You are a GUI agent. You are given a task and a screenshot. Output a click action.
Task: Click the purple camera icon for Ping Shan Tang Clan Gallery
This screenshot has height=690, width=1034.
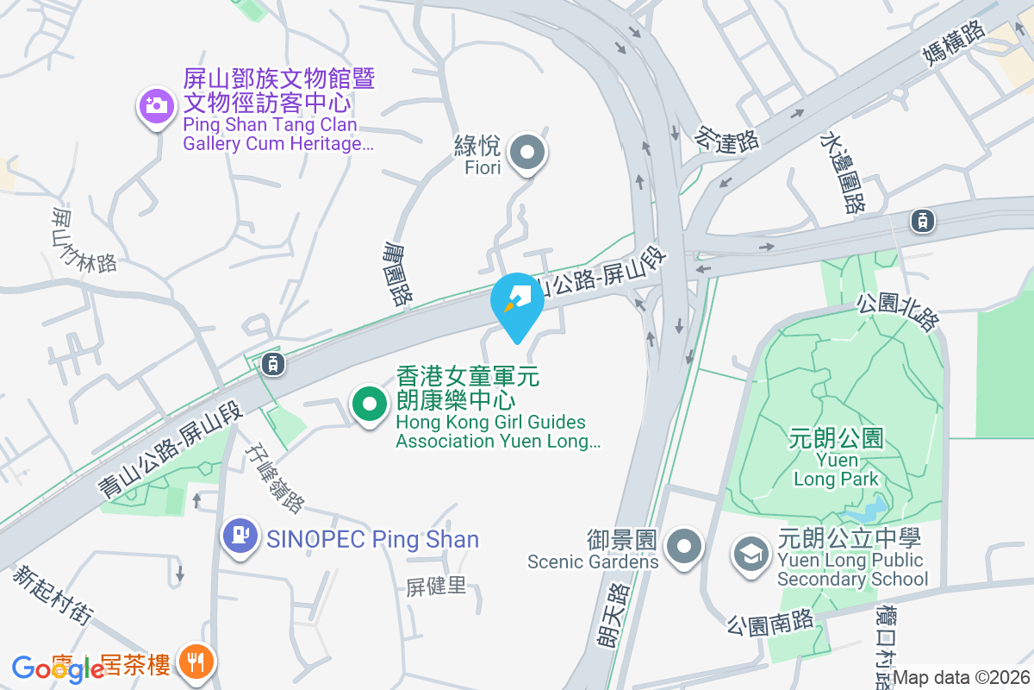coord(156,107)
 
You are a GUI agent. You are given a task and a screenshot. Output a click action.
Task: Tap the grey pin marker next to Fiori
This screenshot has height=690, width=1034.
coord(527,155)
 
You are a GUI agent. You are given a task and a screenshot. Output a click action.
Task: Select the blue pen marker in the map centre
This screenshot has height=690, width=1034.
coord(517,302)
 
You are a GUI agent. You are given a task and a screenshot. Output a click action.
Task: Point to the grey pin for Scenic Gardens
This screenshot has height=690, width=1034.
coord(685,545)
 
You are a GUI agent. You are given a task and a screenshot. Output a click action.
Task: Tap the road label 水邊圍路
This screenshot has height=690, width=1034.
coord(842,172)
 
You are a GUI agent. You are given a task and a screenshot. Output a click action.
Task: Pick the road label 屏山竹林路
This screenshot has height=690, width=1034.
coord(84,238)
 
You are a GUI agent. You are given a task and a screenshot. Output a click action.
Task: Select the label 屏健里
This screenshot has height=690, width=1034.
coord(436,586)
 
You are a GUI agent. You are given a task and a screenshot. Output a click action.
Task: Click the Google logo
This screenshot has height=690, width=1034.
coord(58,668)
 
